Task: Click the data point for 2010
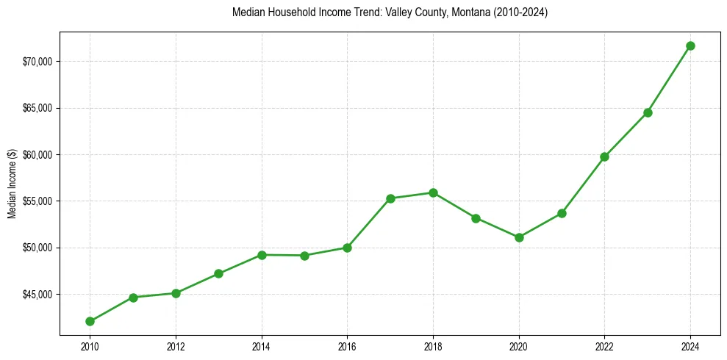pos(90,321)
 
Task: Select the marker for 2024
pos(690,46)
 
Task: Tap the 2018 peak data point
pos(433,192)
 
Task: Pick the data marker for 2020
pos(519,237)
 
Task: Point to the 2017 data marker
pos(390,198)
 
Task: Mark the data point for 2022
pos(604,156)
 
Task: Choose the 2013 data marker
pos(218,273)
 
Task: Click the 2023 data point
pos(648,112)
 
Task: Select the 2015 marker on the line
pos(304,256)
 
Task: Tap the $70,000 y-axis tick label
pos(38,61)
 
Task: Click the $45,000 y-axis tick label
pos(38,295)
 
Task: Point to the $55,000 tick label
pos(38,201)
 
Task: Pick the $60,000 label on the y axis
pos(38,154)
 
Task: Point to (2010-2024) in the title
pos(522,12)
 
